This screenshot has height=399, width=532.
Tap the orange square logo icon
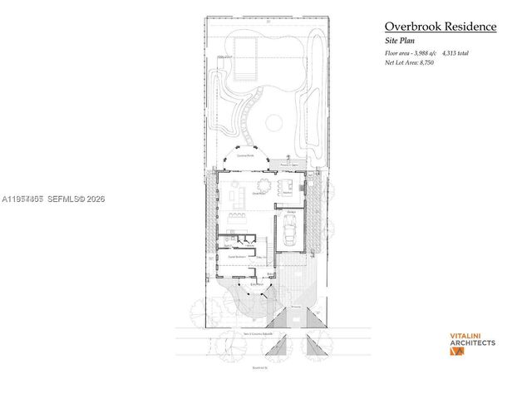click(456, 352)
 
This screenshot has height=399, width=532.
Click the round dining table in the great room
click(264, 185)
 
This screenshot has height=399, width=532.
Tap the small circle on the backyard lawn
click(273, 123)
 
